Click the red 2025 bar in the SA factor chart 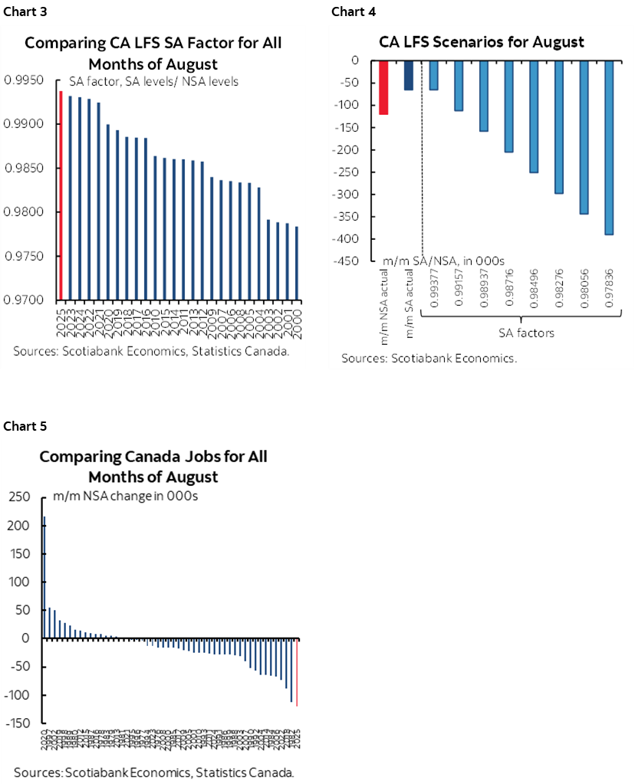(x=61, y=195)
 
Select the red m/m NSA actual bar (x=383, y=87)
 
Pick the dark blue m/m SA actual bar (x=408, y=75)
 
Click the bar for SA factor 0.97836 (x=609, y=147)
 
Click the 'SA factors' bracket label (x=521, y=333)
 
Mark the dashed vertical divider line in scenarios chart (x=422, y=176)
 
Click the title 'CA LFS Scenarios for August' (x=481, y=42)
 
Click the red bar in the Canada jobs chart (x=297, y=672)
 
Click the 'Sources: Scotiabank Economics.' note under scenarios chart (x=429, y=358)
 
